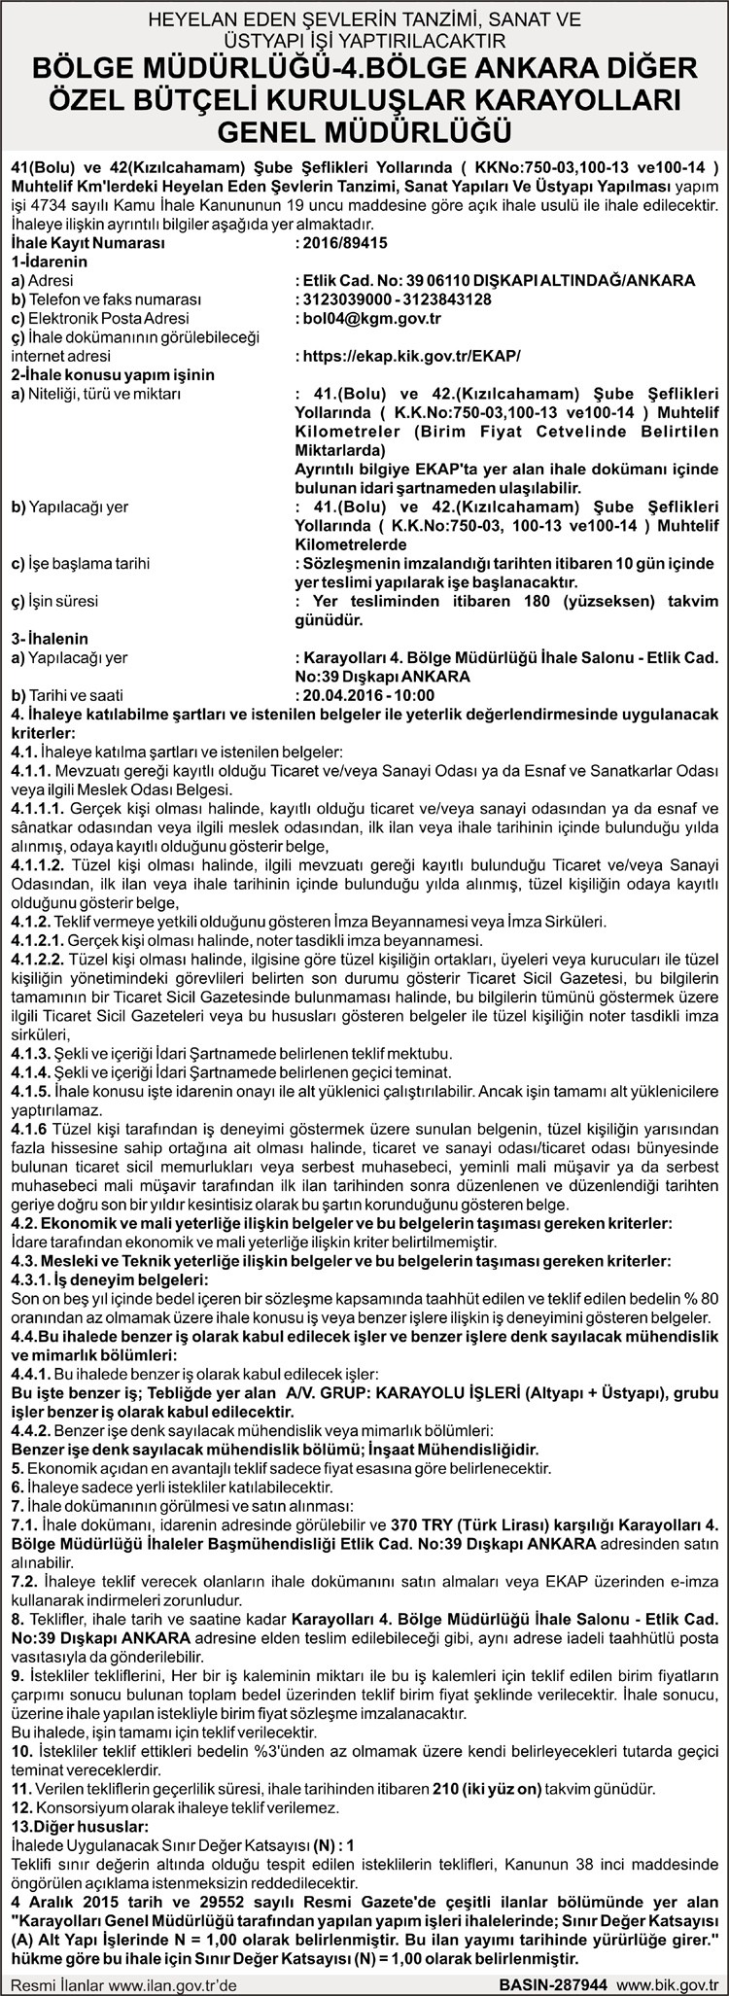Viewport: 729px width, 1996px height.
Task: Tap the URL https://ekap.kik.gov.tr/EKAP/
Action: [407, 356]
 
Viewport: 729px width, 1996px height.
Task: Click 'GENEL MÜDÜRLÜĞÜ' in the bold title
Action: [364, 129]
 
